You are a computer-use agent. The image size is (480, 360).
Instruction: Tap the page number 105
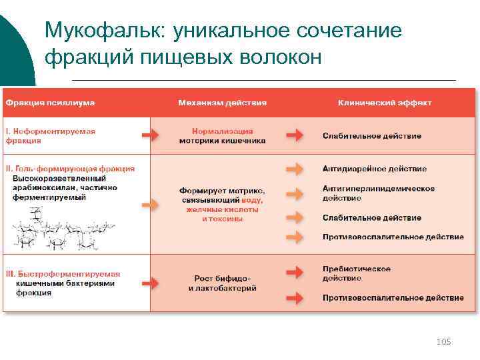(443, 341)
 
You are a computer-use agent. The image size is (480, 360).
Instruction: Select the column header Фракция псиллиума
(50, 103)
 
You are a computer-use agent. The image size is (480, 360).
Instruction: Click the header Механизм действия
(223, 103)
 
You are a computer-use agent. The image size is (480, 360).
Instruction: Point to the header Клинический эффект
(385, 103)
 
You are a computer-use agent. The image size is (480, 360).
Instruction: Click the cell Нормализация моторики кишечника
(223, 136)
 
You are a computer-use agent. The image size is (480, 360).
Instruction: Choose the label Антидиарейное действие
(375, 169)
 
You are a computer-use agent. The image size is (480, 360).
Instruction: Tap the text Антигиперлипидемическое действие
(378, 193)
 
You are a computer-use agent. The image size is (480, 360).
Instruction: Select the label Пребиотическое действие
(357, 273)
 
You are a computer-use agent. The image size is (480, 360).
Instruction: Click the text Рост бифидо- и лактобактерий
(223, 283)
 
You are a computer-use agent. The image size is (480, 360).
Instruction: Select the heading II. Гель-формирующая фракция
(70, 169)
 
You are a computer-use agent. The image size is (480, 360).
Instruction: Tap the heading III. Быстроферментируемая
(63, 274)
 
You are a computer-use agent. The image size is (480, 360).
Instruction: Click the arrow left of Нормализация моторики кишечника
(151, 136)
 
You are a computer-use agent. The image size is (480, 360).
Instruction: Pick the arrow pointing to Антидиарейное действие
(294, 169)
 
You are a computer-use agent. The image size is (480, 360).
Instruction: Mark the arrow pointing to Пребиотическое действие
(294, 273)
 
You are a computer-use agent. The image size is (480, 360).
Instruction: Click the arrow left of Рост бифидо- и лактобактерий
(151, 283)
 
